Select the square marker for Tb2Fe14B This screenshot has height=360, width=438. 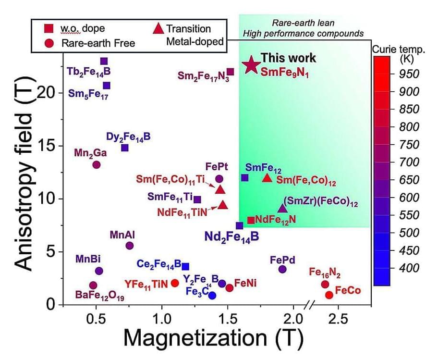[104, 62]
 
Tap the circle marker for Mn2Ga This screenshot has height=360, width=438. [96, 165]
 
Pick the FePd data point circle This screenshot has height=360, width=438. [282, 269]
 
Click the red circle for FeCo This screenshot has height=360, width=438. [329, 295]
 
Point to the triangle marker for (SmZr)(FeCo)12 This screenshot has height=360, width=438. [282, 208]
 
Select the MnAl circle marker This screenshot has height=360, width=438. [129, 246]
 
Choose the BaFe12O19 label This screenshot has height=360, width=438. [100, 295]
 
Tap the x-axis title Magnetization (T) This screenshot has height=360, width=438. [213, 339]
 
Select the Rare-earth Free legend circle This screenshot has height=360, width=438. [49, 43]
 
